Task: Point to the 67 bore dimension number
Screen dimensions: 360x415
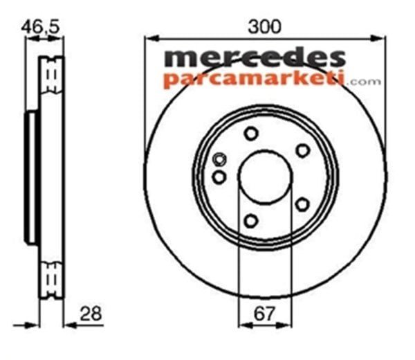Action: coord(263,314)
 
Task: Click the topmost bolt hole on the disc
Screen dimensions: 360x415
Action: coord(251,134)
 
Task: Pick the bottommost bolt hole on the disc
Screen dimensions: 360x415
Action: coord(251,222)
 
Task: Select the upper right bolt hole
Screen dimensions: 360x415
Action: coord(302,150)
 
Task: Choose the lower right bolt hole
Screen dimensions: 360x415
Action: coord(302,204)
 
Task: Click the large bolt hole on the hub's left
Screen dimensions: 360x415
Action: coord(219,177)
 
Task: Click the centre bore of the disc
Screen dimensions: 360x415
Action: coord(263,177)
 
